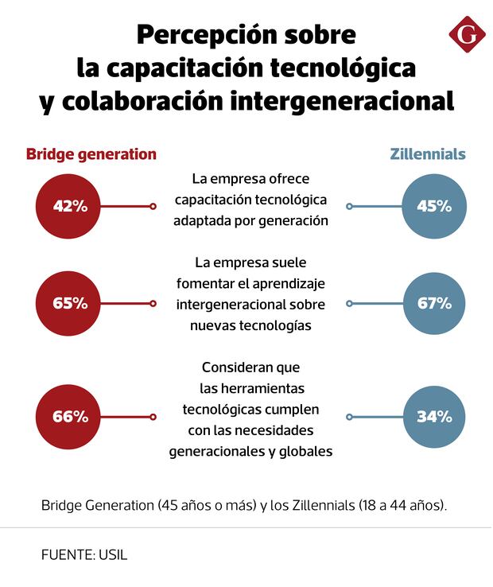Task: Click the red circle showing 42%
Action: (70, 206)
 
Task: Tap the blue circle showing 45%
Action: (434, 206)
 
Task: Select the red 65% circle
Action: (70, 303)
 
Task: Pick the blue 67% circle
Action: (434, 303)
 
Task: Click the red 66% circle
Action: (70, 416)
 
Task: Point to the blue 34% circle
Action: (434, 416)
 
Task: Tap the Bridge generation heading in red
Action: (91, 154)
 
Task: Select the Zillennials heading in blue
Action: (428, 154)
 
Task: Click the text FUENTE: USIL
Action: (84, 554)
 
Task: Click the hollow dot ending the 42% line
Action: (153, 207)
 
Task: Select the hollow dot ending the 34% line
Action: (349, 416)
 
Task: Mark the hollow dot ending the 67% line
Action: (349, 303)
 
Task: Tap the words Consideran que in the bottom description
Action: (250, 367)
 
